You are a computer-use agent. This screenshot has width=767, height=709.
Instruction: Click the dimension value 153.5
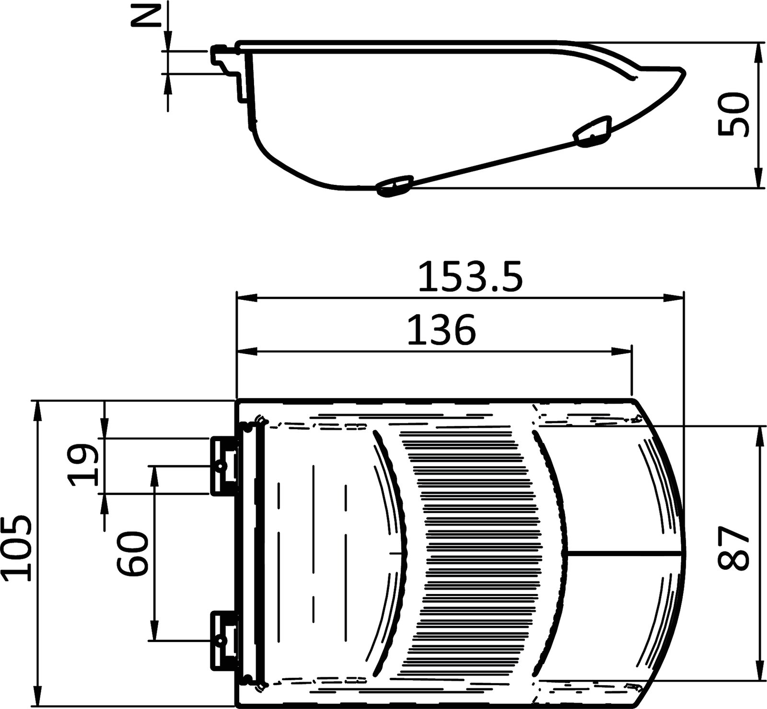[469, 277]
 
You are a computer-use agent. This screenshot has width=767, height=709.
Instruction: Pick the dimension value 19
[82, 465]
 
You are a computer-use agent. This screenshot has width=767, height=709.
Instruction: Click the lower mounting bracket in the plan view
[224, 640]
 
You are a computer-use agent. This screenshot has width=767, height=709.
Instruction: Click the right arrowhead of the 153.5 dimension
[676, 298]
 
